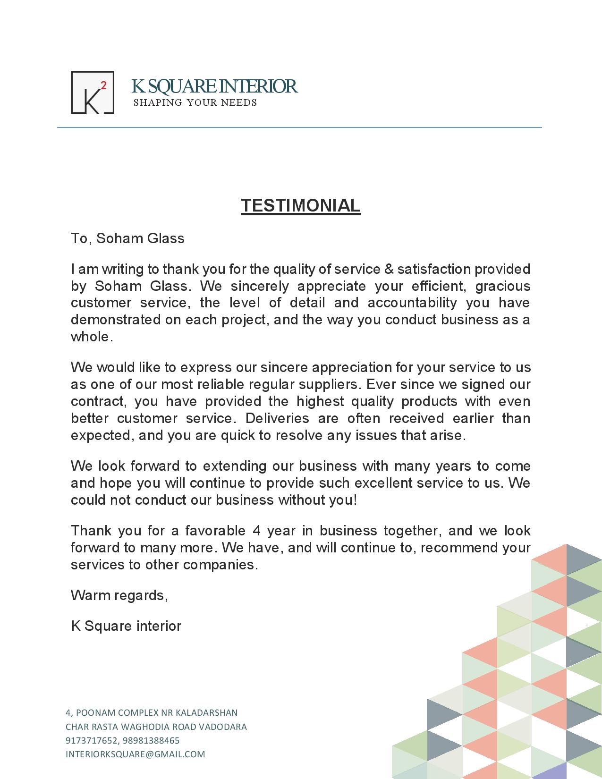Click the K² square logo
coord(93,93)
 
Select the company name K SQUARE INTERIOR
coord(214,86)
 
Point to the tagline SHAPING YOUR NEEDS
coord(195,103)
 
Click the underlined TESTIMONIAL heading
coord(301,205)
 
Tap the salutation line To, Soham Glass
coord(127,238)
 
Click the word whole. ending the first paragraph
coord(92,337)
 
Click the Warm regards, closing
coord(119,595)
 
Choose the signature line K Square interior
coord(126,626)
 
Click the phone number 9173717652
coord(89,740)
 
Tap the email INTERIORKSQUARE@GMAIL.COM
coord(136,754)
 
